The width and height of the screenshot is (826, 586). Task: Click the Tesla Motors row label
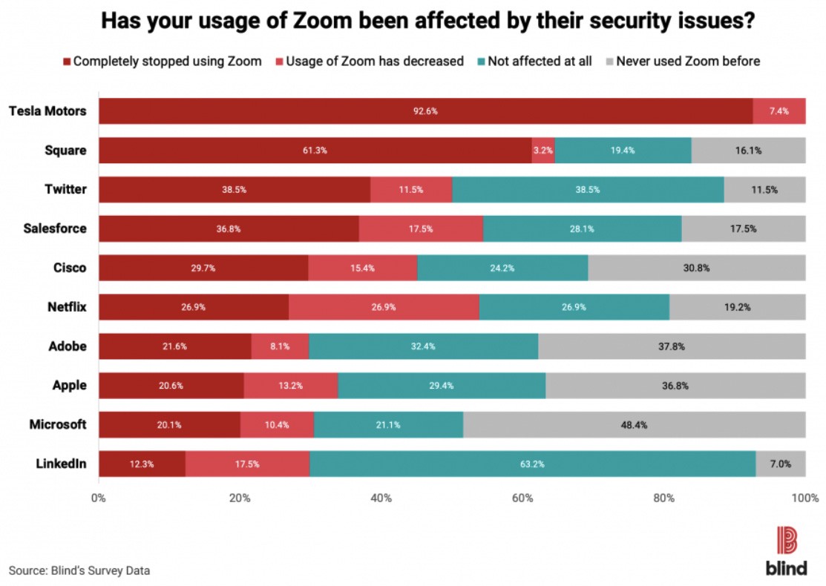47,111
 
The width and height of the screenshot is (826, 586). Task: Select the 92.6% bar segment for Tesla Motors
425,111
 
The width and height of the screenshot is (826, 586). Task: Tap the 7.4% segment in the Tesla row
779,111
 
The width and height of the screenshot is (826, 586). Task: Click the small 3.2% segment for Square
543,151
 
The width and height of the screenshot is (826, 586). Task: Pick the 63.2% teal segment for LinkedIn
532,464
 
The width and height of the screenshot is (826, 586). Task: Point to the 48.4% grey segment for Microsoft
634,425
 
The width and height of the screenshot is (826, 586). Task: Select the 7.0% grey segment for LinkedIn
780,464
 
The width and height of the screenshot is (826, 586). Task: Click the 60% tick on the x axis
522,498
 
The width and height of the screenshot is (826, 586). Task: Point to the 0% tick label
98,498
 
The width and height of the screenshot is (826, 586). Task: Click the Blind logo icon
786,539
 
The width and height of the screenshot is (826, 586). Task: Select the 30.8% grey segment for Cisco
696,268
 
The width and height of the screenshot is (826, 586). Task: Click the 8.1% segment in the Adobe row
280,346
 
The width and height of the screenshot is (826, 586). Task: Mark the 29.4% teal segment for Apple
442,386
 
